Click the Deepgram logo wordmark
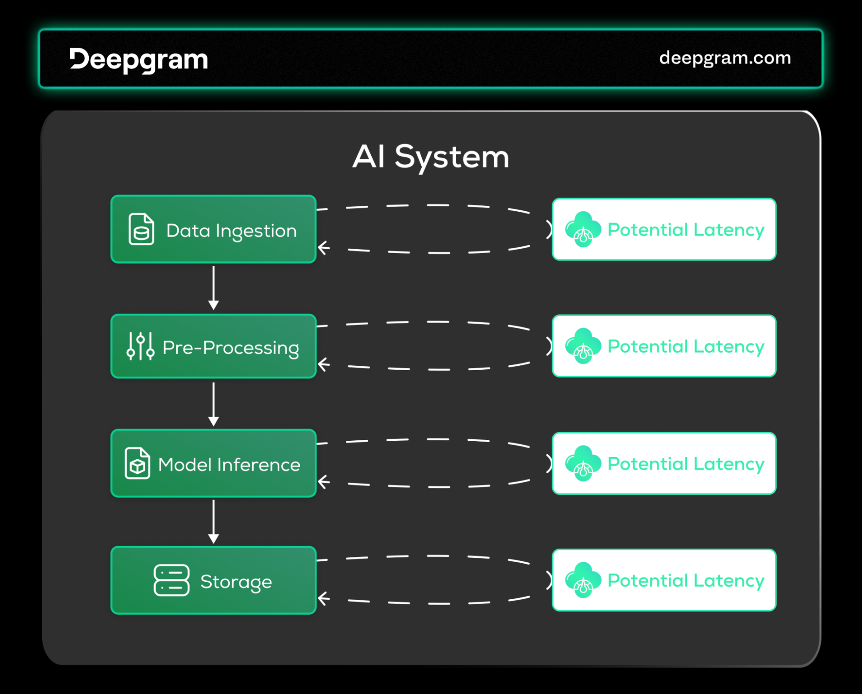(139, 60)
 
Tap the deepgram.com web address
(725, 58)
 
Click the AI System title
(431, 157)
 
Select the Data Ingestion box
(213, 229)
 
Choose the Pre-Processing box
(213, 346)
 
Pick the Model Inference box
(213, 463)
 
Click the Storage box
(213, 580)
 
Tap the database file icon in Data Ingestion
(141, 229)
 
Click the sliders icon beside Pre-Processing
(141, 346)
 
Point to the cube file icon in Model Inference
(138, 463)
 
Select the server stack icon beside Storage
(172, 580)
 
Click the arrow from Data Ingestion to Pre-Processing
(213, 288)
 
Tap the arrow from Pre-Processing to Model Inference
(213, 404)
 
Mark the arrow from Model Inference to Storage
(213, 521)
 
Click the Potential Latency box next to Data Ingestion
(664, 229)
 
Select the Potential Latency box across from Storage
(664, 580)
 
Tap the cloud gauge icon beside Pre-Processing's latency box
(583, 346)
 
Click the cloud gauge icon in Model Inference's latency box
(583, 463)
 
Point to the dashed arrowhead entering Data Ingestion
(323, 248)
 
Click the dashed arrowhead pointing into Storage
(323, 598)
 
